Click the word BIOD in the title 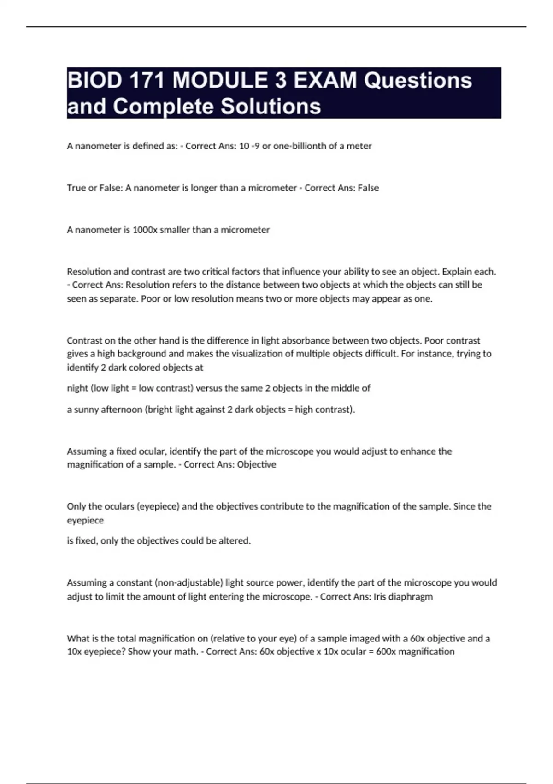(94, 80)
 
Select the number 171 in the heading (147, 80)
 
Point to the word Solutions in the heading (271, 107)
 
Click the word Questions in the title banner (418, 80)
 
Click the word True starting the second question (76, 188)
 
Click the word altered (235, 541)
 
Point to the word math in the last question (186, 652)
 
